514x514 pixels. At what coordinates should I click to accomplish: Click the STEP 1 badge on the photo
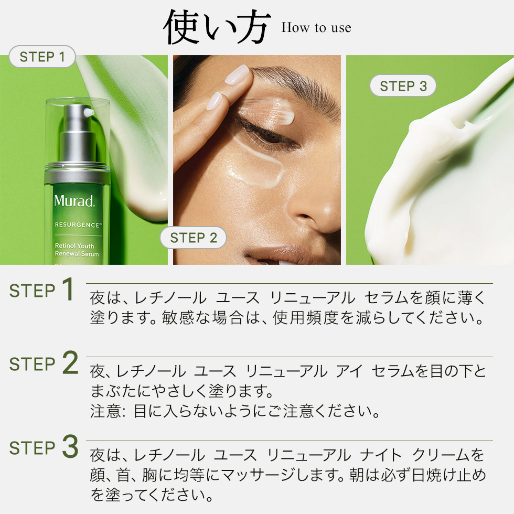pos(42,57)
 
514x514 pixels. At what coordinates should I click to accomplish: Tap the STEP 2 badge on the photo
pos(194,238)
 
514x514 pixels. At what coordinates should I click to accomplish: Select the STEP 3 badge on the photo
pos(403,86)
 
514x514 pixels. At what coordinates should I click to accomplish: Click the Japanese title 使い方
pos(217,27)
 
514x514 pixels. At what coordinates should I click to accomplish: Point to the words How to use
pos(316,28)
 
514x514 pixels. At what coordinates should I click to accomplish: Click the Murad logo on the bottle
pos(74,200)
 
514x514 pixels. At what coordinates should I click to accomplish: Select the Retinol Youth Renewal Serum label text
pos(77,250)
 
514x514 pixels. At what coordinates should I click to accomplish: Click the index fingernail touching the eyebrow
pos(239,75)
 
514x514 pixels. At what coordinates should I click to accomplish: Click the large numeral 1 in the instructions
pos(67,290)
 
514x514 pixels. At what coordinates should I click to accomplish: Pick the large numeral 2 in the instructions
pos(70,363)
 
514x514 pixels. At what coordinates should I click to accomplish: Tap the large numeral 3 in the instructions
pos(70,447)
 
